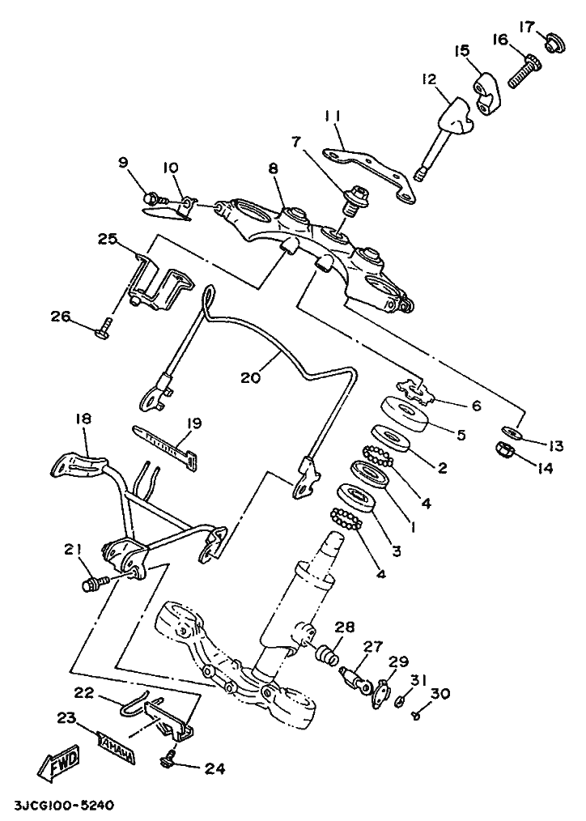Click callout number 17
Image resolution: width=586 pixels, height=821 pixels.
pos(527,26)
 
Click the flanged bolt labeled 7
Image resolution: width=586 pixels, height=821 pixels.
pos(357,199)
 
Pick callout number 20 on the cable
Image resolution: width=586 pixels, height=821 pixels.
pos(251,376)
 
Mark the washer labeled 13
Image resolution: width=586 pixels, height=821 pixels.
pos(512,432)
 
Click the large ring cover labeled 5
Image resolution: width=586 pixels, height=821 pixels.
pos(405,414)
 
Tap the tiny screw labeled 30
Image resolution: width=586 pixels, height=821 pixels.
pos(417,714)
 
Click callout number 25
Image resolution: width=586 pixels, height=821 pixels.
pos(108,239)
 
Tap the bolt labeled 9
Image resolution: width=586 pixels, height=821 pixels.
pos(154,198)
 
